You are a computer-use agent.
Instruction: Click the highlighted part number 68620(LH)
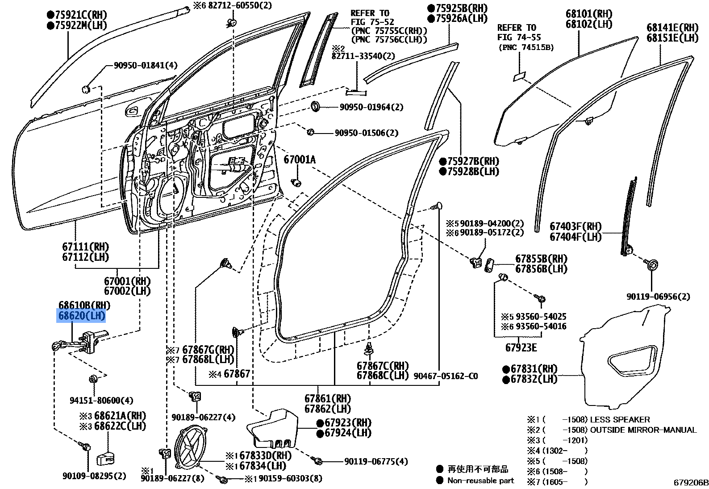82,316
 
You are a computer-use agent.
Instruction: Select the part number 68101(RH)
589,14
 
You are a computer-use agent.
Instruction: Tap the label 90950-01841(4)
145,66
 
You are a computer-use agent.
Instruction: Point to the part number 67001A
299,159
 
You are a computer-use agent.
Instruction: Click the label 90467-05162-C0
445,376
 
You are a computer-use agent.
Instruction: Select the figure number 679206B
691,483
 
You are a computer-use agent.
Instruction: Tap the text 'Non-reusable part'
480,481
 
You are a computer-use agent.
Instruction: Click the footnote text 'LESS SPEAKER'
620,420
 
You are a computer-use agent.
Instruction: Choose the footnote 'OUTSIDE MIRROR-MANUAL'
643,430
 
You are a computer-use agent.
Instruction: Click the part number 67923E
521,347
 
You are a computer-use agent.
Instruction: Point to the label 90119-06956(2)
658,297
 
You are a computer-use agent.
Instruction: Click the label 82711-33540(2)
363,56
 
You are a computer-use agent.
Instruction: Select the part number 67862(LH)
328,409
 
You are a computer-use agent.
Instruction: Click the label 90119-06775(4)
376,461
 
